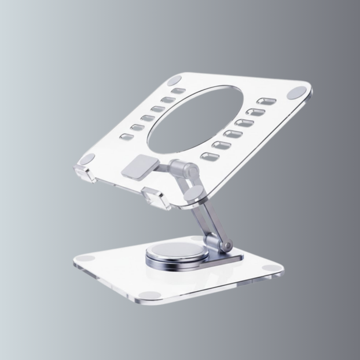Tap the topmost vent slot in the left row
click(178, 91)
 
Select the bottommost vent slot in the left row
click(126, 137)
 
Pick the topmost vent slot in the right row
click(266, 101)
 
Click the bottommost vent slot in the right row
click(210, 156)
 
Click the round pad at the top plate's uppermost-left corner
click(174, 80)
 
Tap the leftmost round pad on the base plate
click(88, 259)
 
